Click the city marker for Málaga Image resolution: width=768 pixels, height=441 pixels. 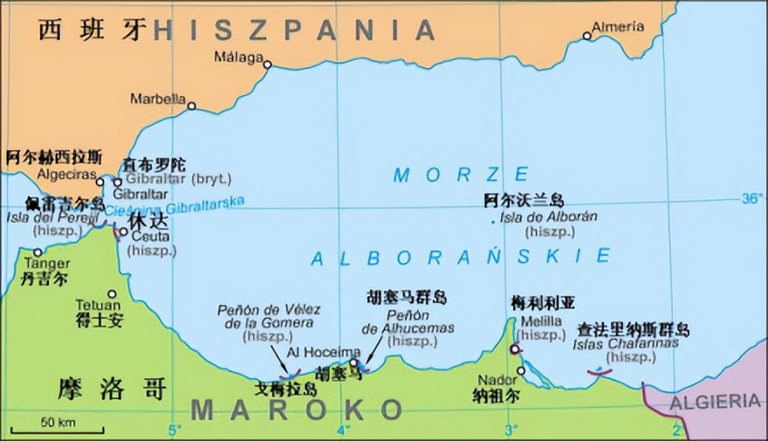tap(268, 64)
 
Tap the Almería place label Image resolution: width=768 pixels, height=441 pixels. tap(618, 27)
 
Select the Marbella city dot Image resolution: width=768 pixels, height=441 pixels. tap(191, 106)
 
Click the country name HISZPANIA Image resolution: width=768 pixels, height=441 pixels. tap(294, 31)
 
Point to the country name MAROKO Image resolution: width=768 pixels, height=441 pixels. tap(297, 410)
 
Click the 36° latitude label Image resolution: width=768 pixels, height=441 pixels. tap(751, 199)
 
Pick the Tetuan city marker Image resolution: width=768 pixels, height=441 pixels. tap(112, 294)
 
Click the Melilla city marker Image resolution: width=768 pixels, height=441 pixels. tap(516, 349)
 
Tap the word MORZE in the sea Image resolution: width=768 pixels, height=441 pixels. tap(461, 174)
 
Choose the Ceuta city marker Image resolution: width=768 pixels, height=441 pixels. tap(125, 232)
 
